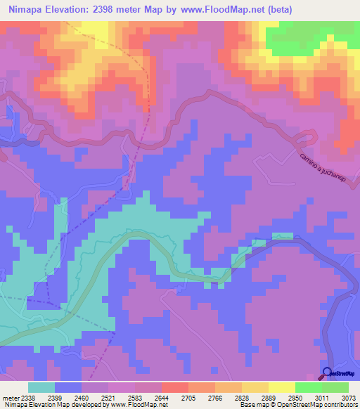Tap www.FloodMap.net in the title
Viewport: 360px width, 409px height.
pos(221,10)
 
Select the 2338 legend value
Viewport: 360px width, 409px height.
pos(27,396)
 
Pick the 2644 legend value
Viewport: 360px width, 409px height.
pos(162,396)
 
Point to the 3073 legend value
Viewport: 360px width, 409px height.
pos(349,396)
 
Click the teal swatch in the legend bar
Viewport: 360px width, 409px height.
pos(41,387)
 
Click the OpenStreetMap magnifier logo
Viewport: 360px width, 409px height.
pos(328,372)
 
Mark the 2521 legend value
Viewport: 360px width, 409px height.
pos(108,396)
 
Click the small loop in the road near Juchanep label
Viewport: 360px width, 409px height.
pos(307,137)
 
